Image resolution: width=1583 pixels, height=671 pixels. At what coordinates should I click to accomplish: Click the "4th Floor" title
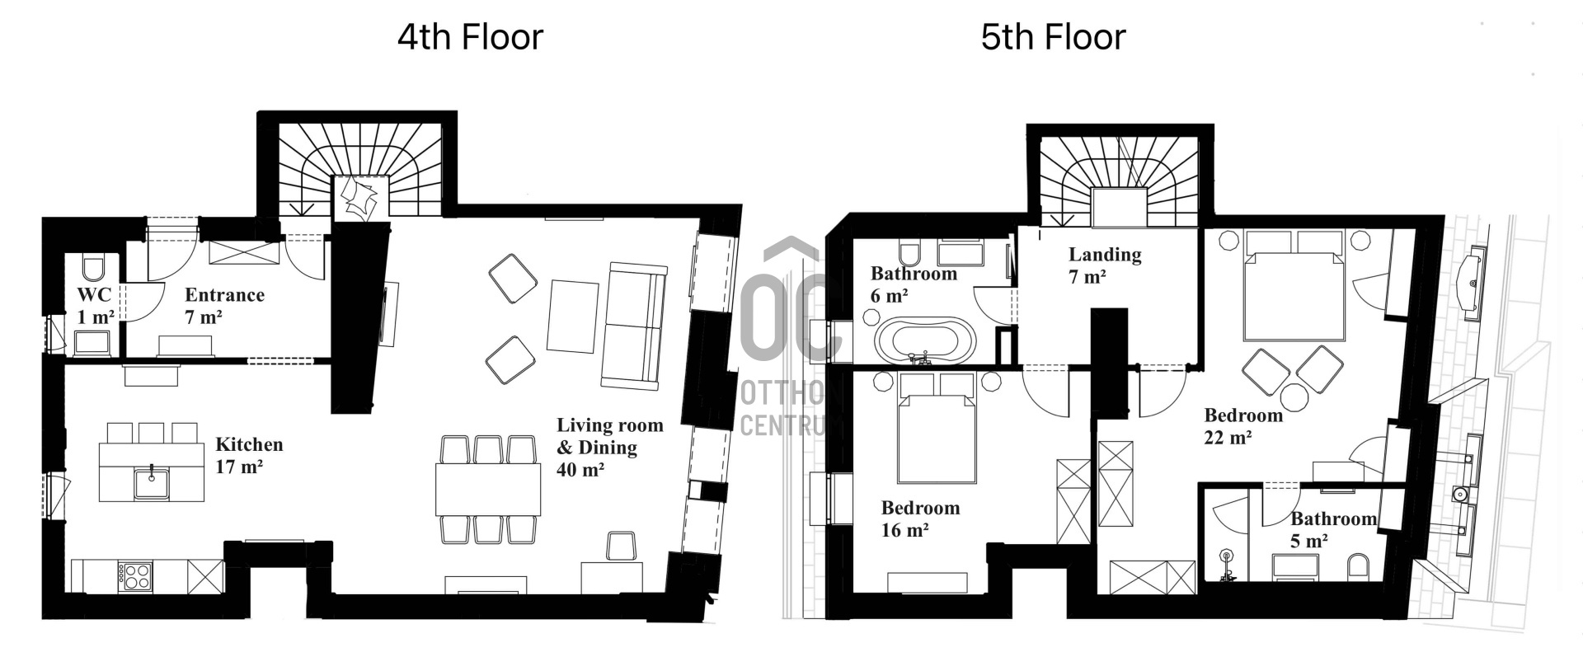470,38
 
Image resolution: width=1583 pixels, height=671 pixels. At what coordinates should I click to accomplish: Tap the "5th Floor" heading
1053,38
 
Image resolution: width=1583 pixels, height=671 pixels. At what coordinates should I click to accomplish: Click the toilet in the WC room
93,267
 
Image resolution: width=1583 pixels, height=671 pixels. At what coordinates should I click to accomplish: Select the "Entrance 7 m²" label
224,306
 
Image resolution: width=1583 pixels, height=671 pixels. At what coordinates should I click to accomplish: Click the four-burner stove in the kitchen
134,575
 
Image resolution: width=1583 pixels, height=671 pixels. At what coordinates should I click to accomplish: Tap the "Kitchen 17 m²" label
249,455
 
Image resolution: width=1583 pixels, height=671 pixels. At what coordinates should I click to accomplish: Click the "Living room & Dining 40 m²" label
609,447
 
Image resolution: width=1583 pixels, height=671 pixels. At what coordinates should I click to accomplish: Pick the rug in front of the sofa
574,317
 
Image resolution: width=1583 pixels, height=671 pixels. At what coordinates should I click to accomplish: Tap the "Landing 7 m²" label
1105,265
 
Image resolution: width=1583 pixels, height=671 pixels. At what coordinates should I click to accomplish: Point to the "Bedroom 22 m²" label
1242,425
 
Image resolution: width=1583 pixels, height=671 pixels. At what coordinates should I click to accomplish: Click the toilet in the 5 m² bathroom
1358,567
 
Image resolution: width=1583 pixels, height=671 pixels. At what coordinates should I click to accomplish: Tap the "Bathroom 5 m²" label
1333,529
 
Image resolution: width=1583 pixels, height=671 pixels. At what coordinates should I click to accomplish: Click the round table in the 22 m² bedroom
1294,397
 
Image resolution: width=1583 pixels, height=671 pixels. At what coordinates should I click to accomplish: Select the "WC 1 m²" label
95,306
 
